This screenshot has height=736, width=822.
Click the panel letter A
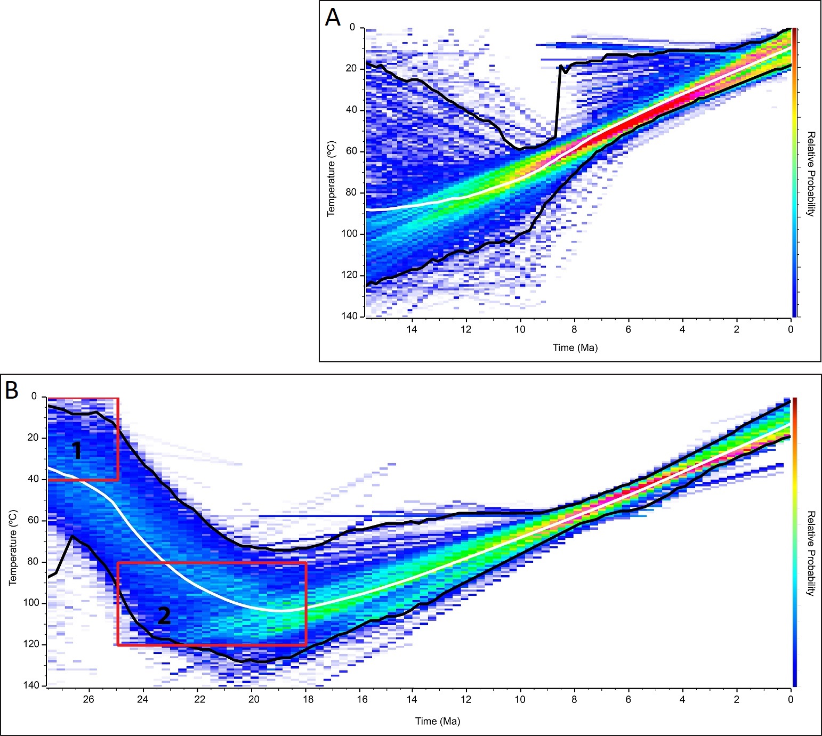333,18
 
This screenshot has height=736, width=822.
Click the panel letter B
12,390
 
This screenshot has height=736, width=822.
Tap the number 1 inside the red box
77,451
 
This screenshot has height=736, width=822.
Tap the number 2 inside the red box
164,616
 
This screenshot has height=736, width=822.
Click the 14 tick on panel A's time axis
412,329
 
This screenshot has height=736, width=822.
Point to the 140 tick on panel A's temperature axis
349,316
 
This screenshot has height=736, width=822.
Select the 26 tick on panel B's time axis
88,699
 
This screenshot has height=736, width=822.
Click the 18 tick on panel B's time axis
308,699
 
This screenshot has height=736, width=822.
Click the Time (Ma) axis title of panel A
575,347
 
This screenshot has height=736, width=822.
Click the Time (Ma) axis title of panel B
438,721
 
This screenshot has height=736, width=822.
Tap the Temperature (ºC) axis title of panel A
332,179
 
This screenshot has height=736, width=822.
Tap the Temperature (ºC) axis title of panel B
13,548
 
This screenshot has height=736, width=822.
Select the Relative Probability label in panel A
810,174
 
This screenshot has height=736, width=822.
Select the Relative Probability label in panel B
810,553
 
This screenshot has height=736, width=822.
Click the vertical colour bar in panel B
794,541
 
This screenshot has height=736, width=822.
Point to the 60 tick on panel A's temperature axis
351,151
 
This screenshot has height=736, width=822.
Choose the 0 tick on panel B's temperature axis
34,397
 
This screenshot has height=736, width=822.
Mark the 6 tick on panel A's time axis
628,329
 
